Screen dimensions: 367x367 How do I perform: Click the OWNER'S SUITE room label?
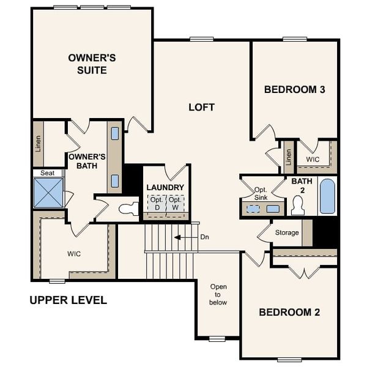point(92,64)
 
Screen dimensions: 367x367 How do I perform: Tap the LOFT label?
point(201,107)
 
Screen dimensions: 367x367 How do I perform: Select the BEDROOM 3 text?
point(294,89)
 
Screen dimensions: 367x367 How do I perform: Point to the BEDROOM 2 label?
point(289,312)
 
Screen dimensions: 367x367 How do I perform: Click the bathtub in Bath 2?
point(327,196)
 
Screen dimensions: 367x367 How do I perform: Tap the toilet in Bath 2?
point(298,206)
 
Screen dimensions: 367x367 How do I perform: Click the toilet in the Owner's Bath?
point(129,209)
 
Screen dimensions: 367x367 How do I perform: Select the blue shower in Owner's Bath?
point(48,192)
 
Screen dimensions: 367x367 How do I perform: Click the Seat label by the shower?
point(48,173)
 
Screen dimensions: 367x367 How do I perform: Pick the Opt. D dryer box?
point(157,203)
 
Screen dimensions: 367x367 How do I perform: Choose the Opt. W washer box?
point(175,203)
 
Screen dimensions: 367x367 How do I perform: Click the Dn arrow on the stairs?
point(181,237)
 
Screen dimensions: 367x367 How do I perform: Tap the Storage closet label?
point(287,232)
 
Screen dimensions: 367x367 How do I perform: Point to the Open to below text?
point(218,294)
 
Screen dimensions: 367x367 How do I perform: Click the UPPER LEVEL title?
point(68,300)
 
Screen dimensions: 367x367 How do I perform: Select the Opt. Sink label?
point(261,193)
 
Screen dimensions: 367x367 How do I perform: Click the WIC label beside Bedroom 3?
point(313,159)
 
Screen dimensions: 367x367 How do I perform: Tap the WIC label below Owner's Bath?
point(74,253)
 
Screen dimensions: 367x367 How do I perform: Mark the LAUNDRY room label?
point(165,187)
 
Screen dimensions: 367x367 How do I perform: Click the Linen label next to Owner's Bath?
point(39,144)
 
